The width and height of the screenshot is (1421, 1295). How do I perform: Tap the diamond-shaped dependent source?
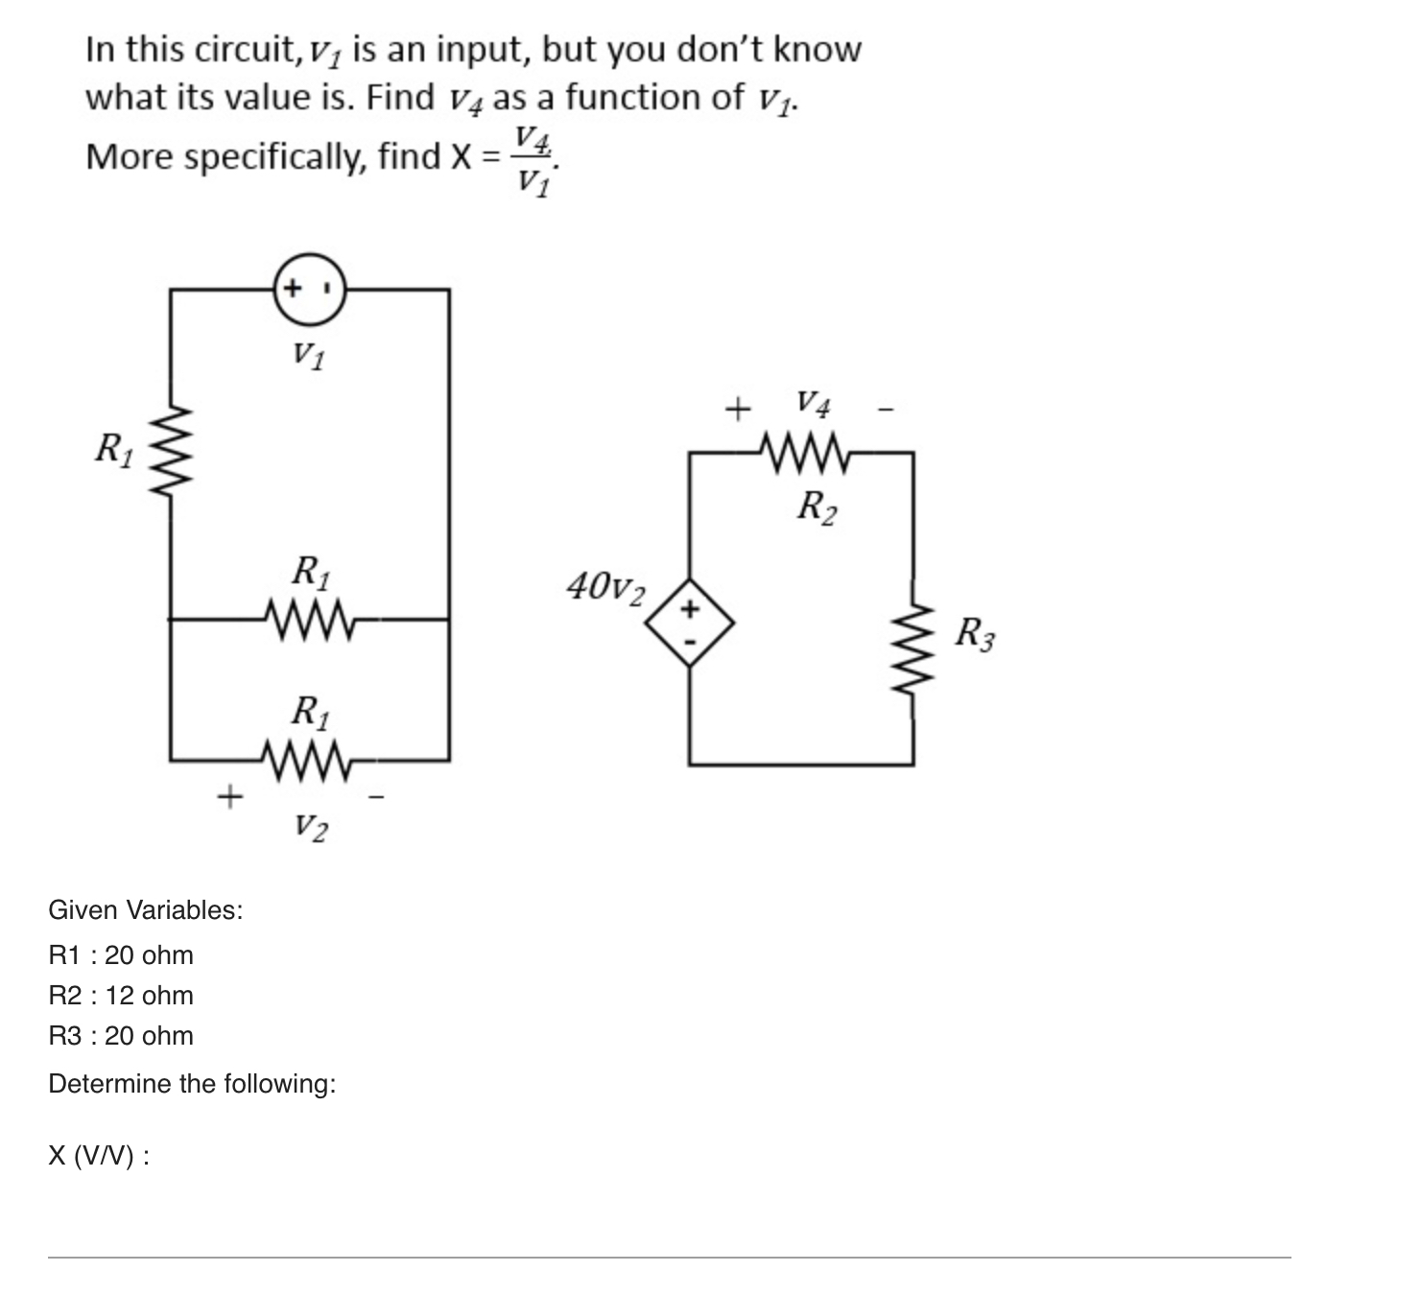[x=690, y=623]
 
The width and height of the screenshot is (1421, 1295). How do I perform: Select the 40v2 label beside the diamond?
[x=605, y=586]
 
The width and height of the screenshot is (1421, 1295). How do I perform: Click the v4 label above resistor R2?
[x=813, y=403]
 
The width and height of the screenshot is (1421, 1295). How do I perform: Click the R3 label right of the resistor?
[x=975, y=634]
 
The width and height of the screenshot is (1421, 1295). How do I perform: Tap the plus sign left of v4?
[x=736, y=411]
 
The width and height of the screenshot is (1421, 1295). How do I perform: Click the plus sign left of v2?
[x=228, y=795]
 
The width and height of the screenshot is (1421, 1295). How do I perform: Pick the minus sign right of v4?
[x=886, y=411]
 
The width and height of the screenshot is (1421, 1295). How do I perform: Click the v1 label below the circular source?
[x=308, y=356]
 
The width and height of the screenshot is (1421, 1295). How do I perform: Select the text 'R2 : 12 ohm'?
[x=121, y=996]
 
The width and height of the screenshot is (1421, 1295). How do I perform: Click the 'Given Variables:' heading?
[x=146, y=909]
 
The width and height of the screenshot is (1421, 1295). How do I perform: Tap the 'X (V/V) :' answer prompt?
[x=99, y=1156]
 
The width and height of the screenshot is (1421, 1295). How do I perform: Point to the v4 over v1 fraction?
[x=533, y=159]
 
